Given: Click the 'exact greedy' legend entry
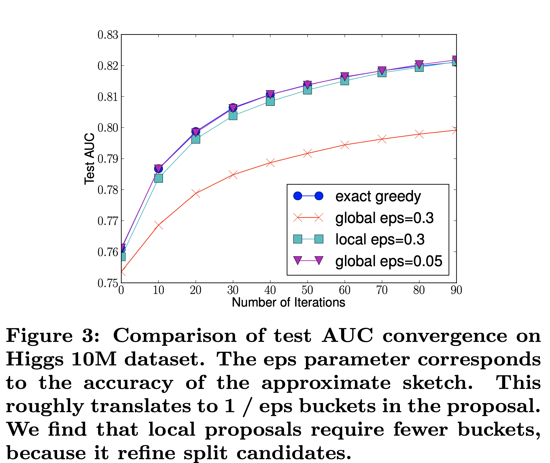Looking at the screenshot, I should click(378, 196).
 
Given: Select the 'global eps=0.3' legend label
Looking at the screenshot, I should click(384, 218).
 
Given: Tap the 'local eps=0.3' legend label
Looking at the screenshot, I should click(380, 240).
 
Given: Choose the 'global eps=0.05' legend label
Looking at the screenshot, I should click(389, 261).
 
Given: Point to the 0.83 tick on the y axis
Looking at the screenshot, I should click(108, 35).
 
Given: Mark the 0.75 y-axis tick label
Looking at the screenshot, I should click(108, 284).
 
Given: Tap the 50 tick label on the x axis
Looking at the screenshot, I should click(307, 290).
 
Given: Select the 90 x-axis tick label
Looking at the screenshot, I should click(456, 290).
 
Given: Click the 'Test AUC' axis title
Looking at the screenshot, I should click(89, 159).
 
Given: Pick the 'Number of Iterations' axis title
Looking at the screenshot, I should click(288, 303).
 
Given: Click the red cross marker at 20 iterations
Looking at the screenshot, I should click(196, 193).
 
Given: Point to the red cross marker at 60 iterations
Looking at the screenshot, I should click(345, 145).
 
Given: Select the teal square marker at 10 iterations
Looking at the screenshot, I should click(158, 178).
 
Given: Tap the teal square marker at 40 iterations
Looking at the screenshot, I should click(270, 101).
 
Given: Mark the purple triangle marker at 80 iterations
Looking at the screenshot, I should click(419, 64).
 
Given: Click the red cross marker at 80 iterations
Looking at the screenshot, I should click(419, 134).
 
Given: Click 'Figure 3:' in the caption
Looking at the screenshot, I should click(53, 336).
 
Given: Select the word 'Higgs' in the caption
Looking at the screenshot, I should click(35, 359).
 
